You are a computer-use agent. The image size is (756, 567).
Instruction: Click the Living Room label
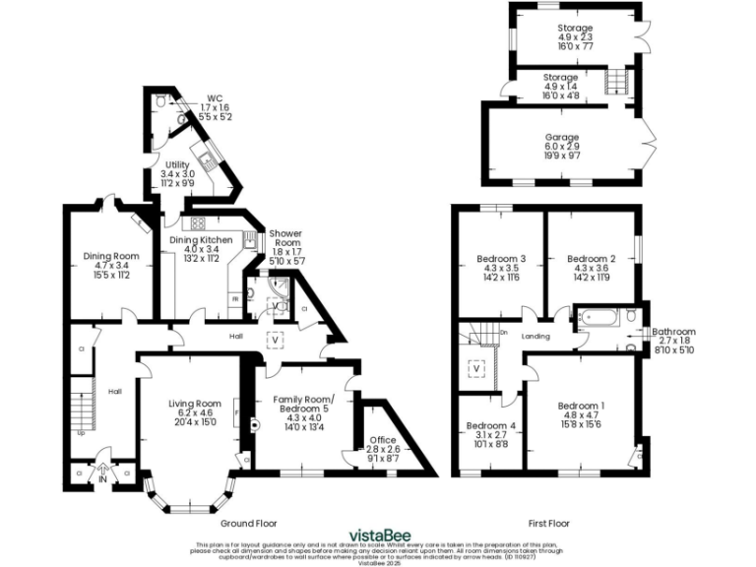194,404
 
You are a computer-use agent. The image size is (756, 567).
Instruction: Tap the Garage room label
562,137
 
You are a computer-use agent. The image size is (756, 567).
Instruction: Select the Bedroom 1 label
581,406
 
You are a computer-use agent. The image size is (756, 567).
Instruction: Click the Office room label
382,439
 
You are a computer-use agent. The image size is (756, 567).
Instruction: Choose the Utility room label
177,164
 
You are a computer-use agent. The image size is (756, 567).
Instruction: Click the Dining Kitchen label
201,239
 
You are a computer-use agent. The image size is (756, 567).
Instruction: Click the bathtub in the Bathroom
598,318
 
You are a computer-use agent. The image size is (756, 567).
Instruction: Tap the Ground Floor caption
246,523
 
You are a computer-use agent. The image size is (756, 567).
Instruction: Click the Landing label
536,337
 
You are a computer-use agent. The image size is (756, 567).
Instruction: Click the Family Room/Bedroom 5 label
303,405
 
